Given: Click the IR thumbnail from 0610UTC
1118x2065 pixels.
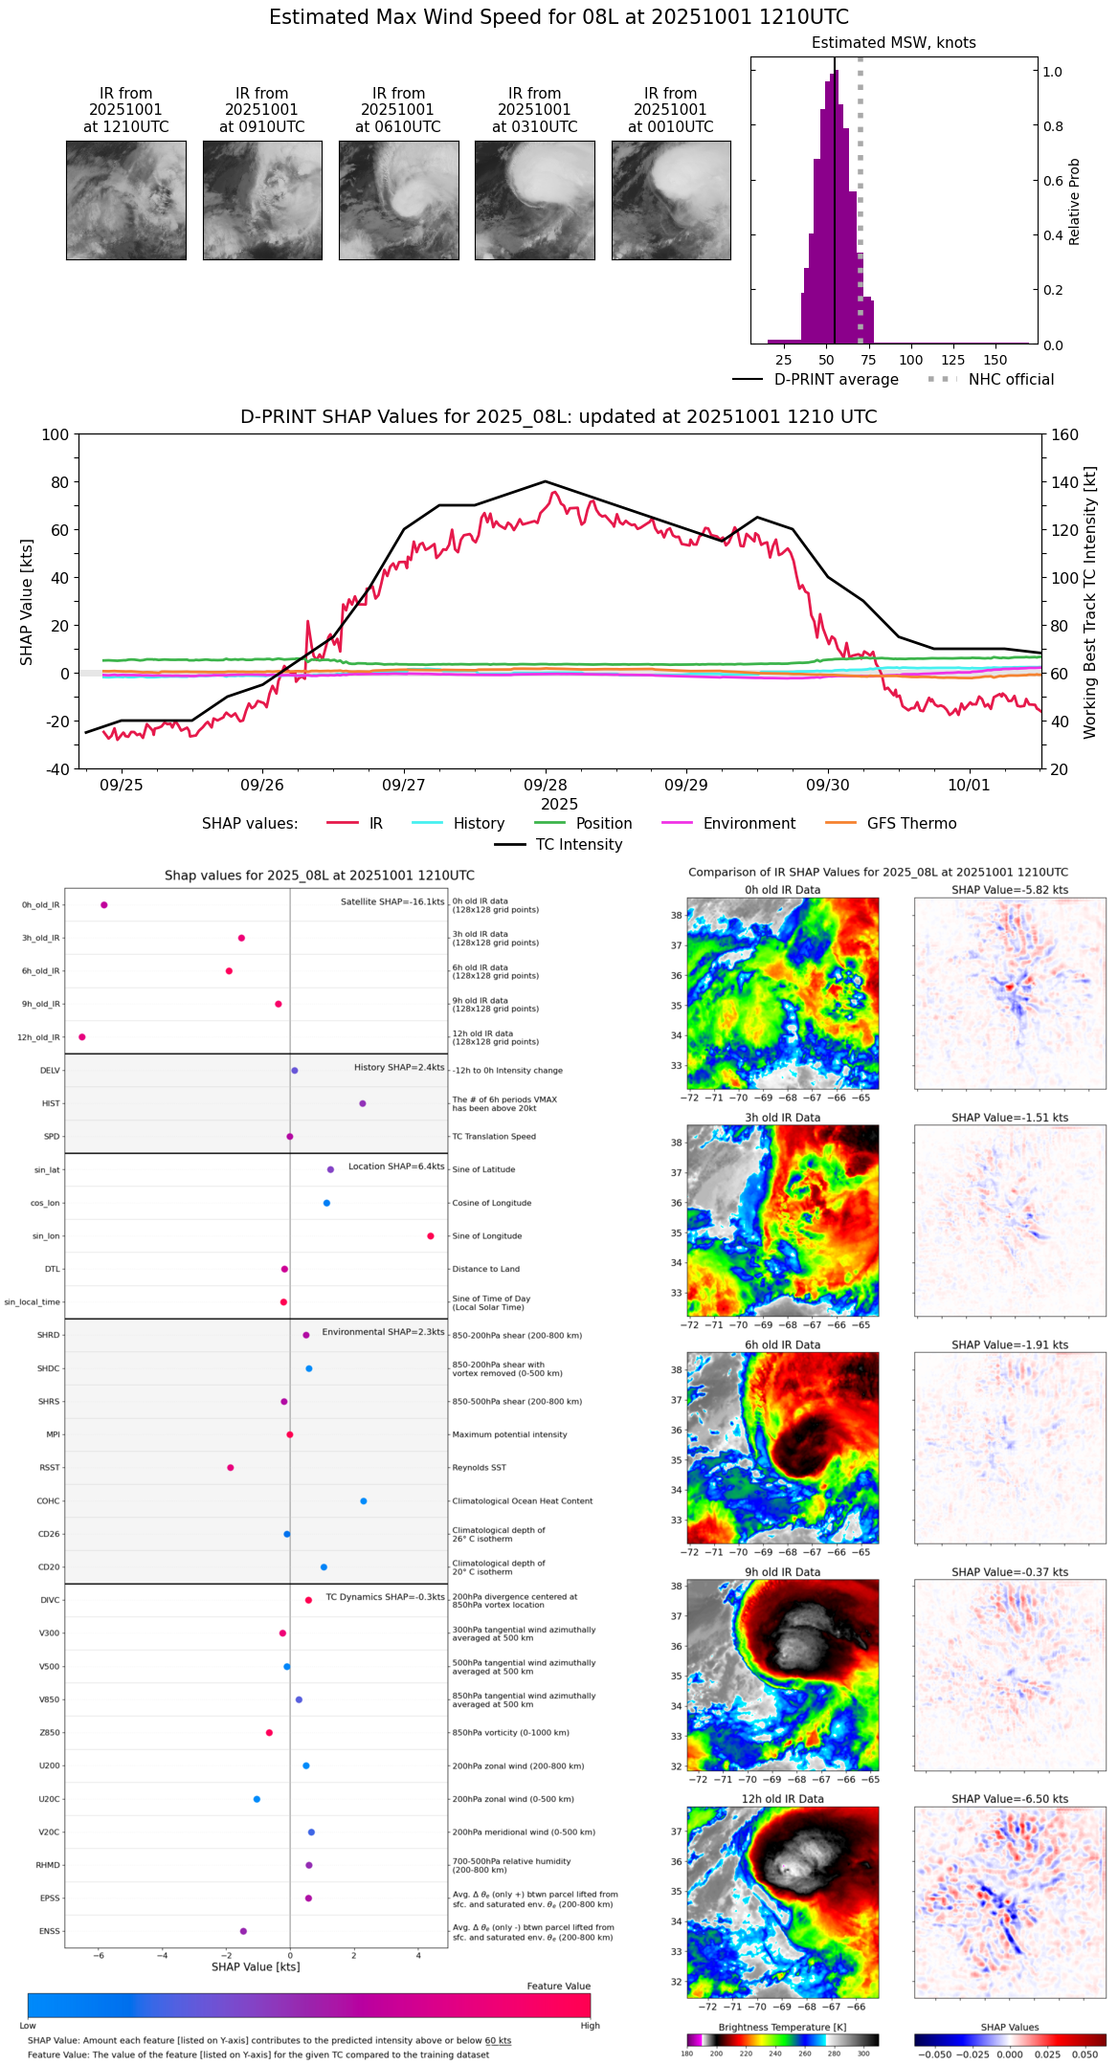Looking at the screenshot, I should [x=398, y=200].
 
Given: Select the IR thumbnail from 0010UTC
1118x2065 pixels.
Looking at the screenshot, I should [x=670, y=200].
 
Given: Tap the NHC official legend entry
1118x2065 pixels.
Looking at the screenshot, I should [x=1010, y=380].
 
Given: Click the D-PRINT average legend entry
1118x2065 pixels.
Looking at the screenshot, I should [x=836, y=380].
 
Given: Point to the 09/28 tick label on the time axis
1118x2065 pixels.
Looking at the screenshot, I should [x=545, y=785].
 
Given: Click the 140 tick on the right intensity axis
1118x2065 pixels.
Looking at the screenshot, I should [x=1064, y=482].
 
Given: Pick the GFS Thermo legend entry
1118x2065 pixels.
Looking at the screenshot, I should [x=911, y=824].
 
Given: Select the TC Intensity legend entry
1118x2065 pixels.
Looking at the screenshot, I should [x=578, y=845].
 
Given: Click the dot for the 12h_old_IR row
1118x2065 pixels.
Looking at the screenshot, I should [x=82, y=1037].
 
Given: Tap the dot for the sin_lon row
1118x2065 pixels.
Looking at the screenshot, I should [x=431, y=1236].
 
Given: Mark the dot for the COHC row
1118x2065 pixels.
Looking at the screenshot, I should [x=364, y=1501].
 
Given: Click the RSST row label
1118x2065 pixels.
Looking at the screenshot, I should [x=50, y=1468].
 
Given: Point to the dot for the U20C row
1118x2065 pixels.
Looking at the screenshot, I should [x=257, y=1799].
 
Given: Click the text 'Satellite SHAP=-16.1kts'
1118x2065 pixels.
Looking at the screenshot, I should [x=392, y=902].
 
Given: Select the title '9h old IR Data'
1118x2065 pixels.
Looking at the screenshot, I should [x=782, y=1572].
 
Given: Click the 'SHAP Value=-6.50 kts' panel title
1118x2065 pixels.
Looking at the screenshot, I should [x=1010, y=1799].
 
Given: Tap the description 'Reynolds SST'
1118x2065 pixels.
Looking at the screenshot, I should [x=479, y=1468].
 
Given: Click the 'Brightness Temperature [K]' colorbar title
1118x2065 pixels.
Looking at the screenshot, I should [x=782, y=2027].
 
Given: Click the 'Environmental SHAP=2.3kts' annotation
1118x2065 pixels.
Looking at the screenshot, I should [x=383, y=1332].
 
